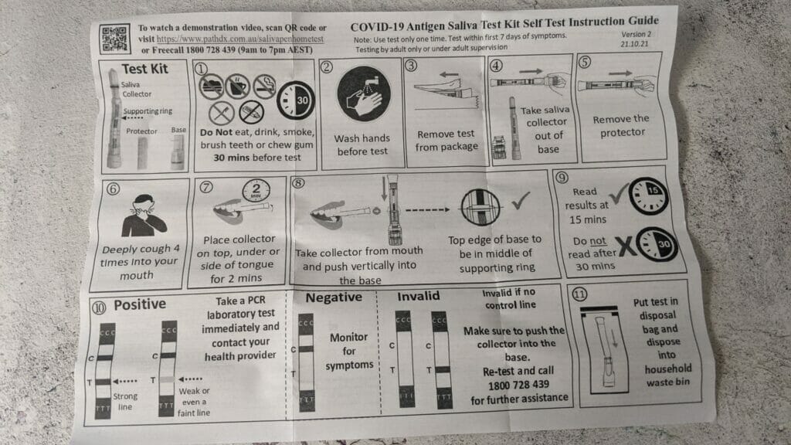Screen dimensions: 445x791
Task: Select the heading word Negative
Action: (x=334, y=297)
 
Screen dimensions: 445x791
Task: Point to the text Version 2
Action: (x=637, y=36)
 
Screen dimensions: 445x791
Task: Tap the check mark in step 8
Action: (x=519, y=205)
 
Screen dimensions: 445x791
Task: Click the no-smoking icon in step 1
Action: (x=263, y=83)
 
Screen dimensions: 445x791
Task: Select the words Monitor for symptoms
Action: (x=348, y=351)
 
